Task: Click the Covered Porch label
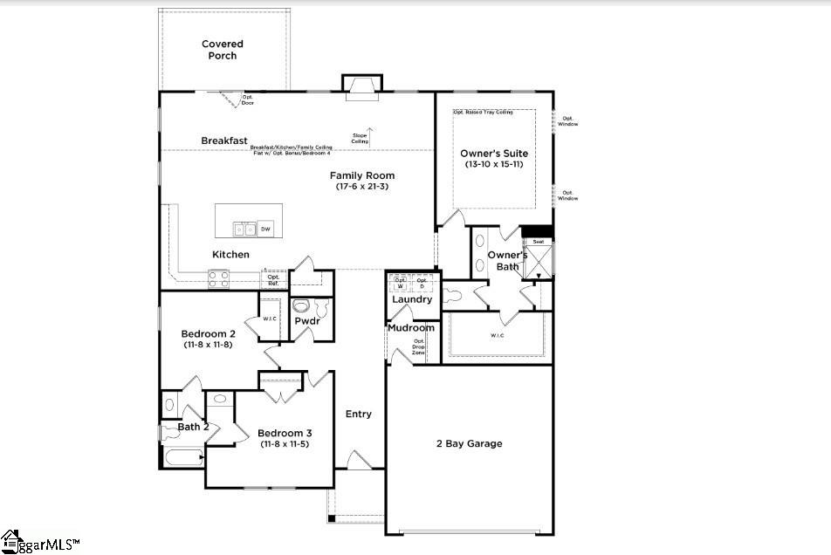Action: pyautogui.click(x=222, y=50)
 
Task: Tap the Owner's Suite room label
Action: pyautogui.click(x=494, y=154)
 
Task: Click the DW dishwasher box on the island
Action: pyautogui.click(x=265, y=230)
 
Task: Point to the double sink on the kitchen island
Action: pyautogui.click(x=244, y=230)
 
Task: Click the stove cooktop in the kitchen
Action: pyautogui.click(x=218, y=279)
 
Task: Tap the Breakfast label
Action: pyautogui.click(x=224, y=140)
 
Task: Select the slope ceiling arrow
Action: pyautogui.click(x=369, y=135)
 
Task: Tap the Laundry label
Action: pyautogui.click(x=412, y=299)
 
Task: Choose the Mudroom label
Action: pyautogui.click(x=410, y=328)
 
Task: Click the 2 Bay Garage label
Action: pyautogui.click(x=469, y=443)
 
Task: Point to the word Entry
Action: pyautogui.click(x=359, y=414)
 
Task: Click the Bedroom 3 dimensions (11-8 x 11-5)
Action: pyautogui.click(x=285, y=444)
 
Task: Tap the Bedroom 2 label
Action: pyautogui.click(x=208, y=333)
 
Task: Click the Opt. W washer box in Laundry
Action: pyautogui.click(x=401, y=284)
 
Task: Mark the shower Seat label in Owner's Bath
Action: pyautogui.click(x=538, y=242)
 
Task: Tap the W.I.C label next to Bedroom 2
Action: pyautogui.click(x=270, y=319)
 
